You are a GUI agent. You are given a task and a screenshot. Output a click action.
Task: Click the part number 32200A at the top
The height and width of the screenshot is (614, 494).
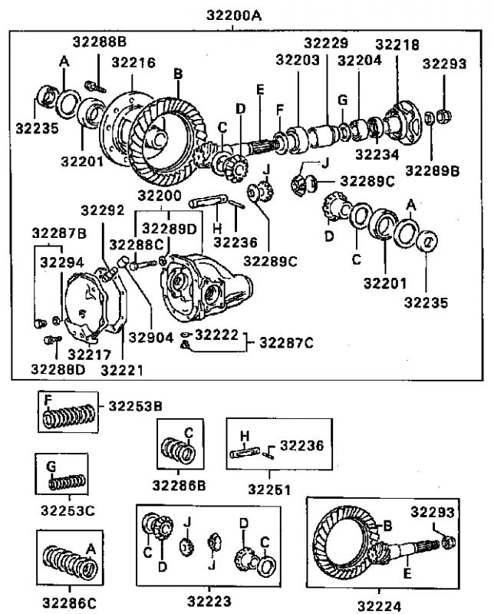click(234, 15)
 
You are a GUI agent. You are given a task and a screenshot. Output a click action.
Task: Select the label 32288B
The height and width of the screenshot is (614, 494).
click(100, 41)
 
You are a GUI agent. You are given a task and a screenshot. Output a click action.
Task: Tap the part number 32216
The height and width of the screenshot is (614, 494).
click(133, 62)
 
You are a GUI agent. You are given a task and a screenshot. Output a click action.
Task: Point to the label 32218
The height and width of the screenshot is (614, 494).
click(397, 45)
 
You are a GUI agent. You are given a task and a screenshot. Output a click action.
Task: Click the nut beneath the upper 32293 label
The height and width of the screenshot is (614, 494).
click(443, 116)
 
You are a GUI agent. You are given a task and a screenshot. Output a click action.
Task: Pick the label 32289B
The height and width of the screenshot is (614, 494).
click(432, 170)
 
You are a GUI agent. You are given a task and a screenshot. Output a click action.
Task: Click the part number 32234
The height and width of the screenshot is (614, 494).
click(377, 154)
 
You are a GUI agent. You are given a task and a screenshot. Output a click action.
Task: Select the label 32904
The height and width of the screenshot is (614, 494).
click(150, 337)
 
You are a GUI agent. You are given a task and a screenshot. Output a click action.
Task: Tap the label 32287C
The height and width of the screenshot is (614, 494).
click(287, 342)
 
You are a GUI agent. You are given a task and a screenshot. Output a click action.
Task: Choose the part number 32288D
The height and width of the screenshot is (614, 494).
click(58, 369)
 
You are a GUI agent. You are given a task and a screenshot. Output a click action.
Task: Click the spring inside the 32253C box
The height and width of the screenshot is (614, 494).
click(67, 482)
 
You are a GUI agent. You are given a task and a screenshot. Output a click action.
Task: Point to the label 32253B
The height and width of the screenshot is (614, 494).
click(135, 406)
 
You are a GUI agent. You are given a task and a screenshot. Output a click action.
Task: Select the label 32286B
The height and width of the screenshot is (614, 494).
click(179, 486)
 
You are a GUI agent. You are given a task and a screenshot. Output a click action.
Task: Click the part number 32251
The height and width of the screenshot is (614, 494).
click(269, 490)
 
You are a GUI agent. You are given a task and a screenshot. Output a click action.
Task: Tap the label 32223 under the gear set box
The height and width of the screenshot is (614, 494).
click(209, 601)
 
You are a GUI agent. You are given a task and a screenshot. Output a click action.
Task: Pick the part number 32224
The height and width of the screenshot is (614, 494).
click(379, 606)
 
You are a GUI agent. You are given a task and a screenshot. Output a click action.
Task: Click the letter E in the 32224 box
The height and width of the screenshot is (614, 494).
click(407, 573)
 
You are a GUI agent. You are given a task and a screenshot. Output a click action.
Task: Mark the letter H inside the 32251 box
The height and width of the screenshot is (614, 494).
click(244, 436)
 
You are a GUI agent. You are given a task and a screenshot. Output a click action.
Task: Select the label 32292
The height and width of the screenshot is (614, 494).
click(103, 210)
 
